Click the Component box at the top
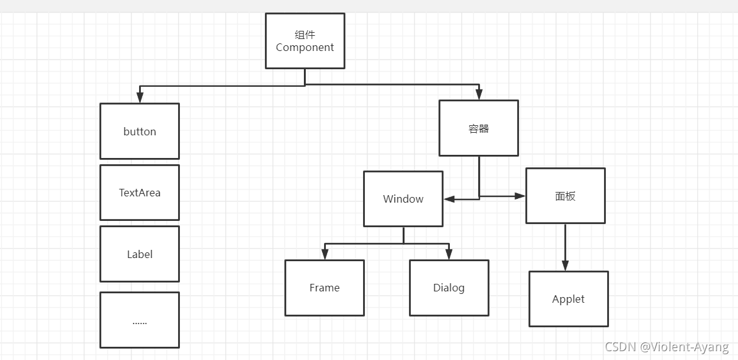tap(305, 41)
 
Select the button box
tap(140, 131)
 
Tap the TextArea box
tap(140, 193)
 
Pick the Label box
tap(140, 254)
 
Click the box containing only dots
tap(140, 320)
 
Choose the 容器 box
tap(478, 128)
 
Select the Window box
tap(403, 199)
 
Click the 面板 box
tap(565, 196)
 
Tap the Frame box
tap(324, 288)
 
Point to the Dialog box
tap(449, 288)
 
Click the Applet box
tap(568, 299)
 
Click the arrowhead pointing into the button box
tap(140, 98)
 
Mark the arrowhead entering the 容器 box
tap(479, 95)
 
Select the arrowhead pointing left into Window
tap(449, 199)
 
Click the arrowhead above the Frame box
tap(325, 254)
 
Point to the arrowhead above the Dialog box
tap(449, 254)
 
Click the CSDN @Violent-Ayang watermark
tap(667, 347)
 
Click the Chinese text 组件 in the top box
tap(305, 35)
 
